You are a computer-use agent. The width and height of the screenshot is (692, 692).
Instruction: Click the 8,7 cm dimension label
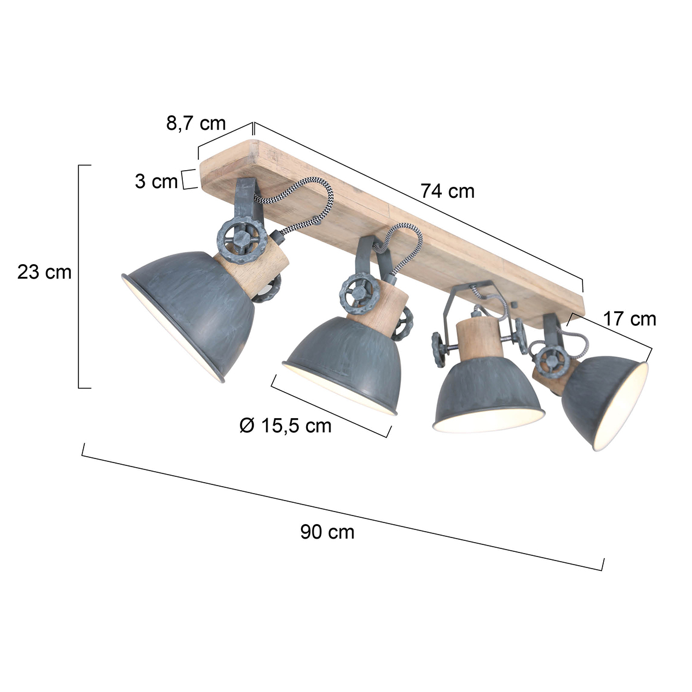point(196,123)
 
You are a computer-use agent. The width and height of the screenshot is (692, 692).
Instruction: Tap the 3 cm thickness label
point(156,181)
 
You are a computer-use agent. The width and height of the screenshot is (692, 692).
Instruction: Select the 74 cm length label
point(447,190)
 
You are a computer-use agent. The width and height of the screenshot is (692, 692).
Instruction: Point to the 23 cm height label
point(44,272)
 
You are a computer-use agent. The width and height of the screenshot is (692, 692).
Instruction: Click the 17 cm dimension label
point(630,318)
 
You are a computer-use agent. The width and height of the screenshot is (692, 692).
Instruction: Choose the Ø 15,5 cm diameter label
point(285,426)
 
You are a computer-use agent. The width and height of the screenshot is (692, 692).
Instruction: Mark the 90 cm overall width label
point(327,532)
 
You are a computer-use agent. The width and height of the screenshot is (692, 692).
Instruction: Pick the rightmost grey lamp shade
point(605,398)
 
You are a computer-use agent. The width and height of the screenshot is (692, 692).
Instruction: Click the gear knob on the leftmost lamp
point(241,239)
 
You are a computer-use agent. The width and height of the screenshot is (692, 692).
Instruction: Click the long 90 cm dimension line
point(343,506)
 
